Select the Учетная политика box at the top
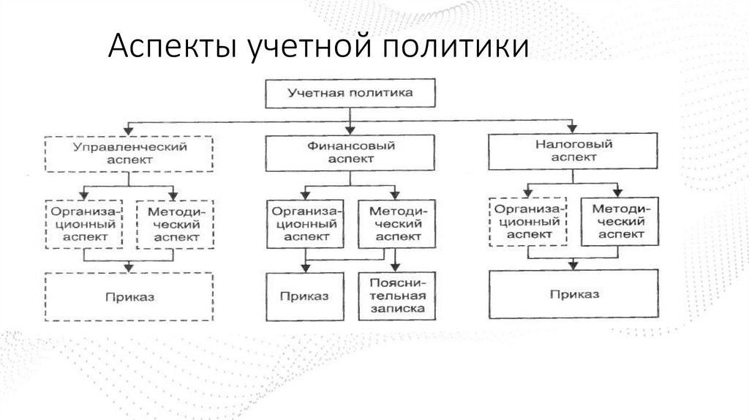coord(350,93)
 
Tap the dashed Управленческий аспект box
coord(129,152)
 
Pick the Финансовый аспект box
coord(350,152)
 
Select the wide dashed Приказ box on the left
coord(129,297)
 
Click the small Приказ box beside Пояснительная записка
coord(304,297)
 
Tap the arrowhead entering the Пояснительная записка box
coord(396,267)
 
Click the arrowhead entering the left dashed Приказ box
coord(129,268)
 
